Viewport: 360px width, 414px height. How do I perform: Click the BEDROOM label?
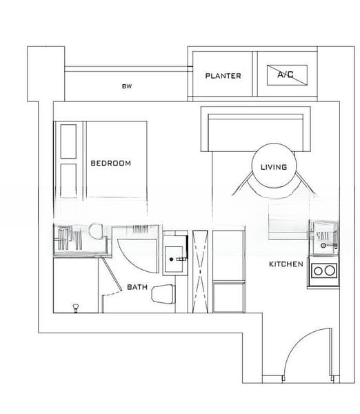tap(110, 164)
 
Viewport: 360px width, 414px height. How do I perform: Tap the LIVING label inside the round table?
tap(274, 167)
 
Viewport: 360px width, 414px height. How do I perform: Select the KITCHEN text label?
tap(286, 264)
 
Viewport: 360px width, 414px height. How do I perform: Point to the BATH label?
tap(137, 287)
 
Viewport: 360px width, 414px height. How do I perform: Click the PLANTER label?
tap(223, 76)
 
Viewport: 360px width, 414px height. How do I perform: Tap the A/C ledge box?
tap(288, 75)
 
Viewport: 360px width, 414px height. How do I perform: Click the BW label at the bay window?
tap(126, 86)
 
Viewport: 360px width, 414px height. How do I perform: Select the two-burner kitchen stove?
tap(322, 270)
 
